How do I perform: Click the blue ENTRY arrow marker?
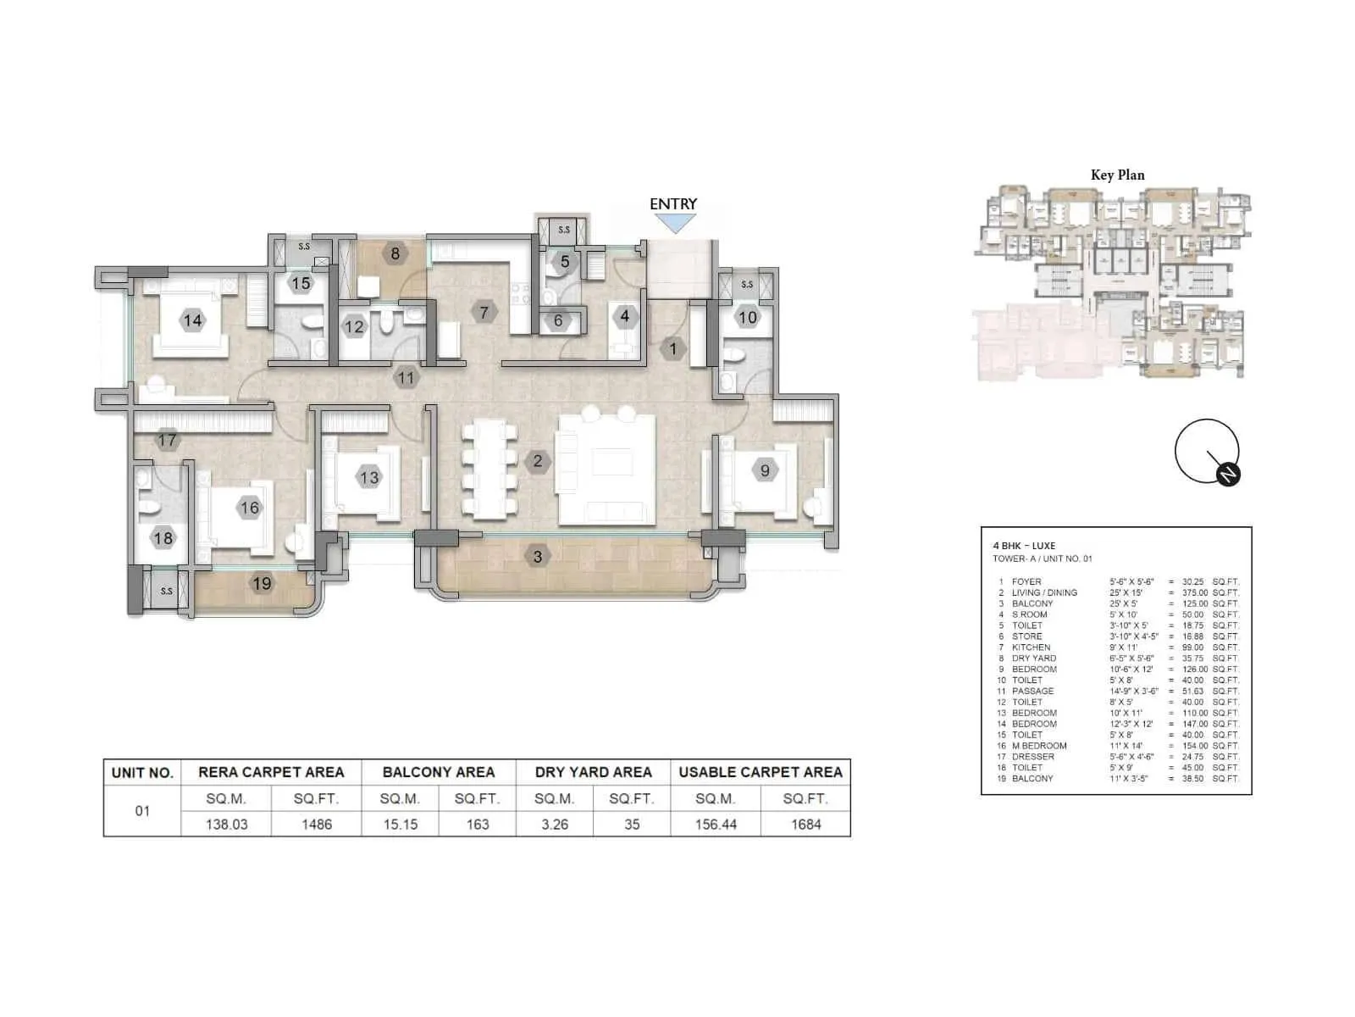(675, 224)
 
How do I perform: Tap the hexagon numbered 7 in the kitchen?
(484, 312)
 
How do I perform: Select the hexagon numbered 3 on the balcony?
(537, 557)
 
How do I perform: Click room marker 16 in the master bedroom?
(249, 508)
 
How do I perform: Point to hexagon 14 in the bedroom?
(192, 320)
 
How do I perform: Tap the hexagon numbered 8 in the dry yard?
(395, 253)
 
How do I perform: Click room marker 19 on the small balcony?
(262, 583)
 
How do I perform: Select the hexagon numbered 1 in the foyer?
(673, 348)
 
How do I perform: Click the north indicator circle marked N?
(1228, 475)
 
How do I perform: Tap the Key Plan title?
(1117, 175)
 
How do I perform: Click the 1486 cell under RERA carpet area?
(317, 824)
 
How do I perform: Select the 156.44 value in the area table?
(716, 824)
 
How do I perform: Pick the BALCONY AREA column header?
(438, 772)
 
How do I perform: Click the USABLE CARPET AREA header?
(760, 772)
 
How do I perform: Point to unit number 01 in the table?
(142, 811)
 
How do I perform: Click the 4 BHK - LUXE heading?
(1024, 546)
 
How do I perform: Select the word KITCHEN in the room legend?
(1031, 647)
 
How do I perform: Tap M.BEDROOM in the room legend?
(1039, 746)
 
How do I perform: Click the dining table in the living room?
(489, 470)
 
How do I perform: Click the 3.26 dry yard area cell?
(555, 824)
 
